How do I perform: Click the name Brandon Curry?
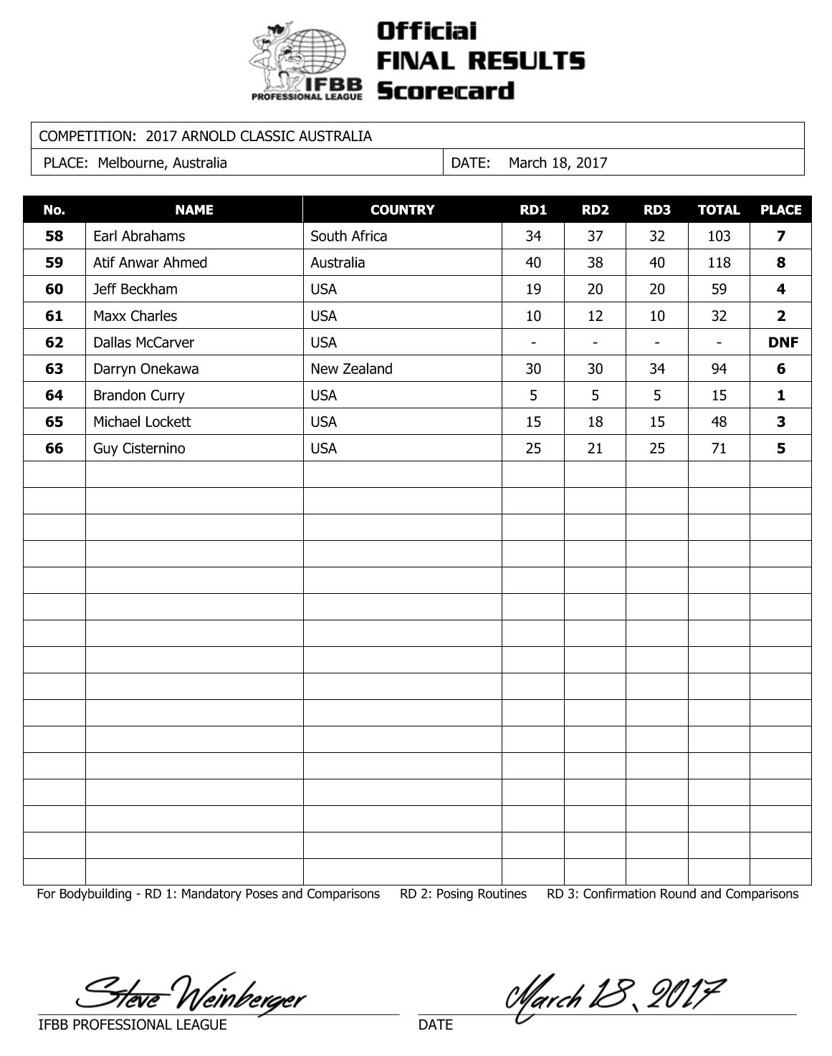138,395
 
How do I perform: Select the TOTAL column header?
718,210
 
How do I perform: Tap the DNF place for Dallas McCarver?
782,342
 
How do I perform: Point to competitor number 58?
54,236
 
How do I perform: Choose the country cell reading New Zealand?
351,369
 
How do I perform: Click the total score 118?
718,263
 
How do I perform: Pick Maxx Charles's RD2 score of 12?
595,316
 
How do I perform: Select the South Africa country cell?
348,236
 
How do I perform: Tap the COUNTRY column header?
402,210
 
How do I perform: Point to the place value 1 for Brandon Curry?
780,395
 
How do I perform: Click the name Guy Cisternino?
139,448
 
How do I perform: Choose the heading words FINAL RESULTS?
480,61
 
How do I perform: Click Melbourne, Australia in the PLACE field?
162,163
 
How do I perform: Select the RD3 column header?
656,210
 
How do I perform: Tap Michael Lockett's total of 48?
718,422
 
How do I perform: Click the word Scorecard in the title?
445,91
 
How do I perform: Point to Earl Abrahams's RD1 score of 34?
532,236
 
